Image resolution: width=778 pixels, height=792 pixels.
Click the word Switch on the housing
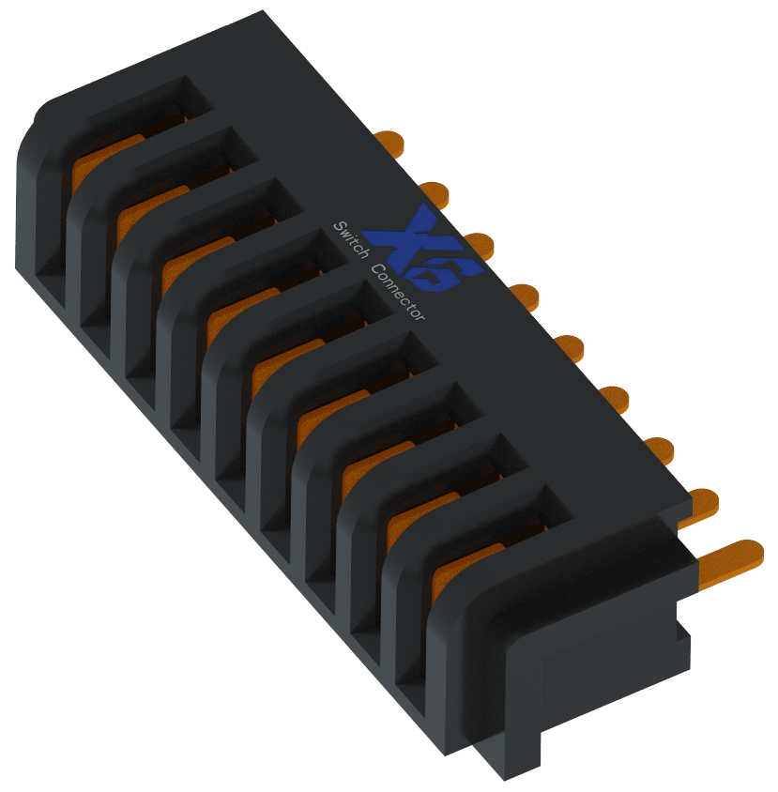(x=351, y=240)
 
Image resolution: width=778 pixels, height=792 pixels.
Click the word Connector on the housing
(x=398, y=292)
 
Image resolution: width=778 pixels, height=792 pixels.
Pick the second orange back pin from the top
(x=435, y=192)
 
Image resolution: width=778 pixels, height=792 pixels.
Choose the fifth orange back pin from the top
(x=569, y=346)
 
